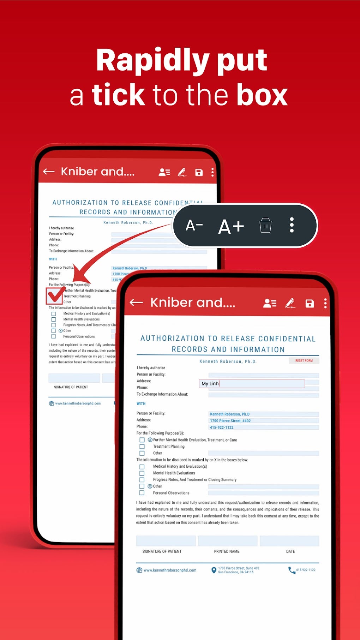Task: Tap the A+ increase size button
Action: [231, 227]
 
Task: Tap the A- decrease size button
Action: [194, 225]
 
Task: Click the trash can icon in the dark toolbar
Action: [265, 225]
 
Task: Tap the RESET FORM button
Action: [304, 360]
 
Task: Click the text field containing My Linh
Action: [252, 384]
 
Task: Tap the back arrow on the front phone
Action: [136, 303]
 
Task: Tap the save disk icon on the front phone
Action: [310, 303]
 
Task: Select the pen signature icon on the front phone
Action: [290, 303]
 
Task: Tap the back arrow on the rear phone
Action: [49, 172]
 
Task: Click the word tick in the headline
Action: [118, 95]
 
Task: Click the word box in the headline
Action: [262, 95]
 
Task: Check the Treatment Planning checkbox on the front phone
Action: [142, 447]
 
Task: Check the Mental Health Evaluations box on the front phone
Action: [142, 473]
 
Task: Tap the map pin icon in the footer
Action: [214, 570]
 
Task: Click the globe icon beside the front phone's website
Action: [139, 570]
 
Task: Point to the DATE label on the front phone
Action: [290, 551]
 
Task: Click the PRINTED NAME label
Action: [227, 551]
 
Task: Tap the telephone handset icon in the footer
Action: [292, 570]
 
